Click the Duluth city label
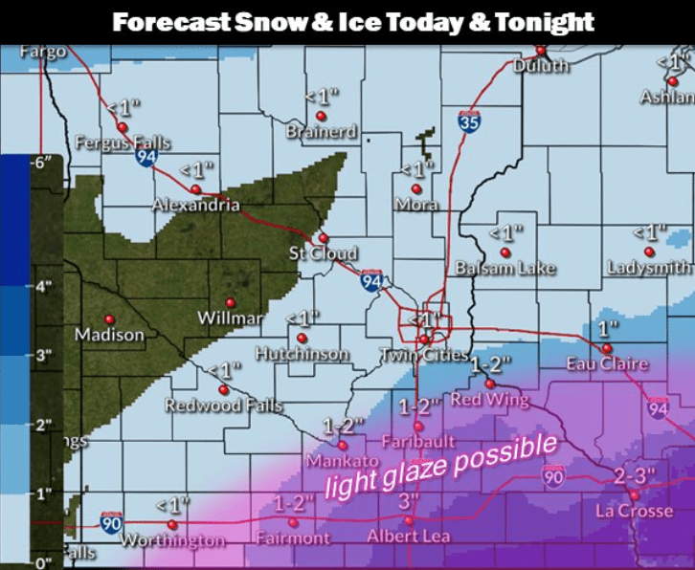click(541, 66)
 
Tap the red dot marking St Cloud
click(324, 238)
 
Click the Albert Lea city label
click(409, 537)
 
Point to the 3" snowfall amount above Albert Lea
click(409, 502)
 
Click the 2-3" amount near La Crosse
click(633, 475)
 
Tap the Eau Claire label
click(607, 363)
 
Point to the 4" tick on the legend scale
click(42, 285)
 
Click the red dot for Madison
click(109, 318)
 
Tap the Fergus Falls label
click(123, 143)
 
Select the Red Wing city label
click(489, 399)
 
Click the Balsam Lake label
click(504, 268)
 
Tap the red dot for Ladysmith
click(649, 252)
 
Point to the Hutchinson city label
click(302, 354)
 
